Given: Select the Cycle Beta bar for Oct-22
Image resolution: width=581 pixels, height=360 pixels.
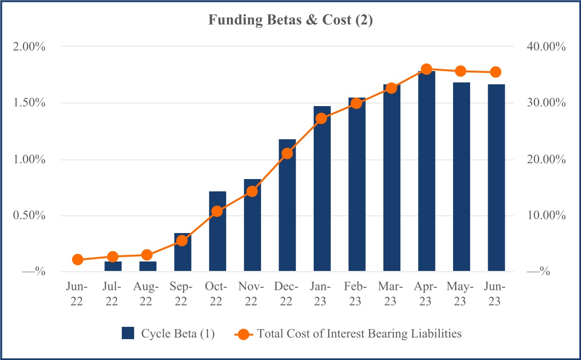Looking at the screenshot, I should pyautogui.click(x=218, y=232).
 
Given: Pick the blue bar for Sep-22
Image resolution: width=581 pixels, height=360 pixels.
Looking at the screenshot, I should pyautogui.click(x=182, y=252).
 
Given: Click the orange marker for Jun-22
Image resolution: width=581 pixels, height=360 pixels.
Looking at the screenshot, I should pyautogui.click(x=78, y=259).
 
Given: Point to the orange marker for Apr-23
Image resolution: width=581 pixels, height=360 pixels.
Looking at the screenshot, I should pyautogui.click(x=427, y=69).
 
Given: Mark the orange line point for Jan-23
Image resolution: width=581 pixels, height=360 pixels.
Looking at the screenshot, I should pyautogui.click(x=322, y=118).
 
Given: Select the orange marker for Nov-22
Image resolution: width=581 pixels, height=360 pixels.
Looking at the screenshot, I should pyautogui.click(x=252, y=191).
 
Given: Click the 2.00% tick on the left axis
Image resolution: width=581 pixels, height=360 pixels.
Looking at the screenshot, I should pyautogui.click(x=30, y=47).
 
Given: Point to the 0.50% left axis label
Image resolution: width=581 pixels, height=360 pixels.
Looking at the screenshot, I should pyautogui.click(x=30, y=216).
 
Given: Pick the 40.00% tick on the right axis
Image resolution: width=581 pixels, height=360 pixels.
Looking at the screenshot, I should pyautogui.click(x=546, y=47).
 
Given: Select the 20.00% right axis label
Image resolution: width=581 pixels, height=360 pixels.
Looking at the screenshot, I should pyautogui.click(x=546, y=160).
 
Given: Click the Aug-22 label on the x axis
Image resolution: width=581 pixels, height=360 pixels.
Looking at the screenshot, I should pyautogui.click(x=147, y=294).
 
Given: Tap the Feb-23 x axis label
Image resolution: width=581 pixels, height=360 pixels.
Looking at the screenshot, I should pyautogui.click(x=357, y=294).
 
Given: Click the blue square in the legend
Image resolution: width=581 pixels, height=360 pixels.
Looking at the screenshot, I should pyautogui.click(x=128, y=333).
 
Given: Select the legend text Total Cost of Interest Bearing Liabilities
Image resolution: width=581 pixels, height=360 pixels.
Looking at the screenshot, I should pyautogui.click(x=359, y=333).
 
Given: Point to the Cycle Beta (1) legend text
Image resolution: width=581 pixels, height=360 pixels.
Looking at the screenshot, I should pyautogui.click(x=178, y=333).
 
